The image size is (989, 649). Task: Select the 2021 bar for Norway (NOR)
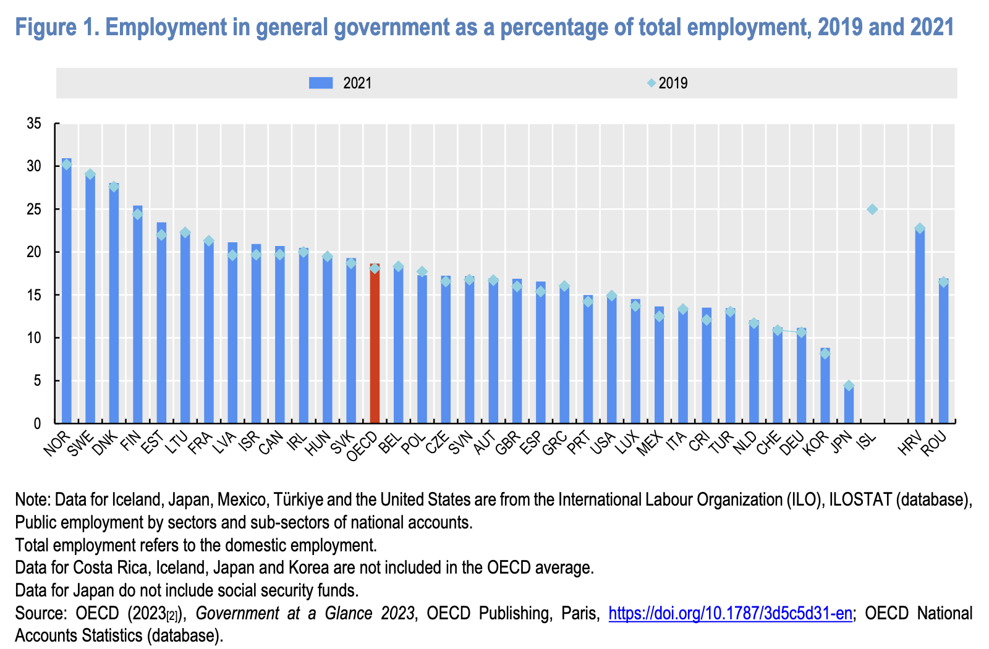66,291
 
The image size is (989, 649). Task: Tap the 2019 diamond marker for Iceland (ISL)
872,210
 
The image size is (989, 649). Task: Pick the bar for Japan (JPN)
849,404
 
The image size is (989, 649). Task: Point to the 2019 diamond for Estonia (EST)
161,235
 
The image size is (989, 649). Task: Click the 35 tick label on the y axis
34,124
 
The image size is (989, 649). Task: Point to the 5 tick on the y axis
37,381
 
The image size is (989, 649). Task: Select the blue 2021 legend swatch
321,83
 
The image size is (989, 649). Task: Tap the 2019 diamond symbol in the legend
651,83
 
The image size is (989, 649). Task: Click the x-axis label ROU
933,444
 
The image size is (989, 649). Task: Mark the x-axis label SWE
80,444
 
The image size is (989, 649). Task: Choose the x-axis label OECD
362,446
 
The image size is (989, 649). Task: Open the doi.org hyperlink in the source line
730,613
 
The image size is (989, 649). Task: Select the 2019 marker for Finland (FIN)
137,214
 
